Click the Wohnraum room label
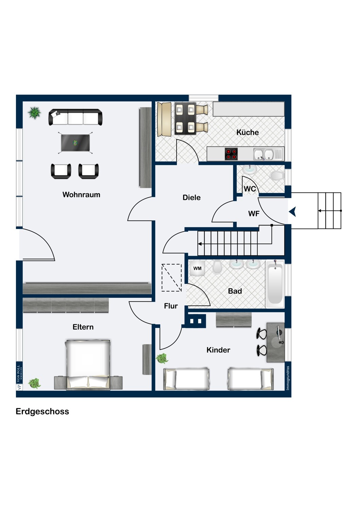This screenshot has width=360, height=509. point(81,195)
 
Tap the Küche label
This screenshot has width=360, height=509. point(248,132)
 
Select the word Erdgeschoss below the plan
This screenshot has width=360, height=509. point(42,411)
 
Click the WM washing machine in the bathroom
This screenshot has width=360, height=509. point(197,268)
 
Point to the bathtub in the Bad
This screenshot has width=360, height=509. point(275,284)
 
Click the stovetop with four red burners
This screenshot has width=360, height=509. point(231,154)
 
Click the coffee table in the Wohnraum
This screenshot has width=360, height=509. point(75,143)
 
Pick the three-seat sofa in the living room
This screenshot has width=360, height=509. point(75,117)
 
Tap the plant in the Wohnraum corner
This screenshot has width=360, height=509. point(34,113)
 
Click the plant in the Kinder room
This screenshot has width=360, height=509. point(162,358)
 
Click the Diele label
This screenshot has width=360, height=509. point(192,197)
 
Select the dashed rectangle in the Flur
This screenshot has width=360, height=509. point(172,278)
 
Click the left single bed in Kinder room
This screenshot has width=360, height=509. point(186,379)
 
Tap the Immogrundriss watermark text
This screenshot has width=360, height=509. point(288,378)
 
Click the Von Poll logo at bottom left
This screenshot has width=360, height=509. point(19,377)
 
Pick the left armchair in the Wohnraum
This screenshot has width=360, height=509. point(61,171)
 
